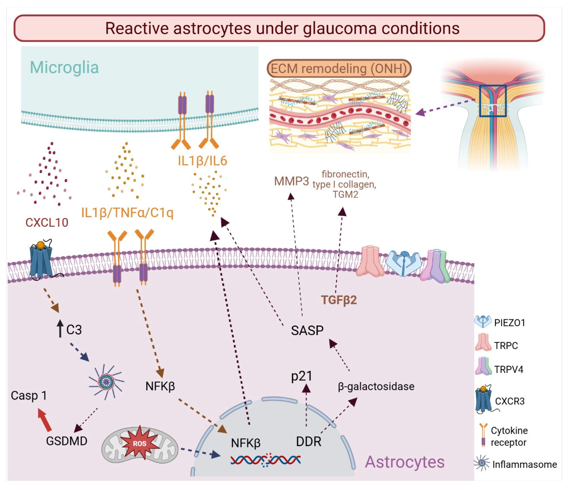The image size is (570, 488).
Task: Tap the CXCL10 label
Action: (x=47, y=222)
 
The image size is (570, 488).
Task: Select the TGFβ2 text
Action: (x=339, y=300)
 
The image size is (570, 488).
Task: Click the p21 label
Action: (x=302, y=376)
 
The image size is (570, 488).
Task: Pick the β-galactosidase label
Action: (x=376, y=386)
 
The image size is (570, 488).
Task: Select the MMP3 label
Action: (x=292, y=181)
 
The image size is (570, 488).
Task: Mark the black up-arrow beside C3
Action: (x=60, y=328)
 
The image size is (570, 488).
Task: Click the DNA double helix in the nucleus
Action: (x=265, y=460)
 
